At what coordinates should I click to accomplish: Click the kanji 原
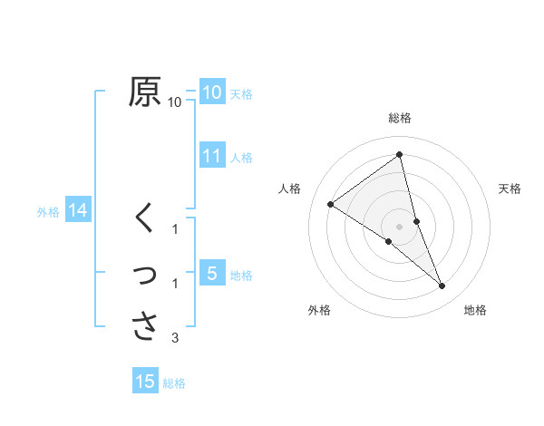[144, 92]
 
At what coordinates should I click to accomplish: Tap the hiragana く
[144, 218]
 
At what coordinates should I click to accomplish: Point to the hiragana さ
[145, 325]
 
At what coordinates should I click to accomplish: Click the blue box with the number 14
[78, 211]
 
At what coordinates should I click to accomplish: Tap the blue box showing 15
[145, 382]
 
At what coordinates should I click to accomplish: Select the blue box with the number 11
[212, 156]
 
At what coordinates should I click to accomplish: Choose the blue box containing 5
[212, 274]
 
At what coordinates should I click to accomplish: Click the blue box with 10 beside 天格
[212, 92]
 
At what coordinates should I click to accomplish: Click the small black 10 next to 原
[175, 102]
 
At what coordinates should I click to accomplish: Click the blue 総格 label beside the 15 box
[174, 383]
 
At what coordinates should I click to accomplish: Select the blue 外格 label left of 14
[48, 212]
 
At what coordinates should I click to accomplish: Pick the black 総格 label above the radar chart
[399, 118]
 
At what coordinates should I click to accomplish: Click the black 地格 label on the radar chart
[475, 310]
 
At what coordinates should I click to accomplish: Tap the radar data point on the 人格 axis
[330, 204]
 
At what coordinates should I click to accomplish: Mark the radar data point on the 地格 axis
[442, 286]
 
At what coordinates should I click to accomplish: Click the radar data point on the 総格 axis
[399, 154]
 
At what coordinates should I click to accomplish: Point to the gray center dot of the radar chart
[399, 226]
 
